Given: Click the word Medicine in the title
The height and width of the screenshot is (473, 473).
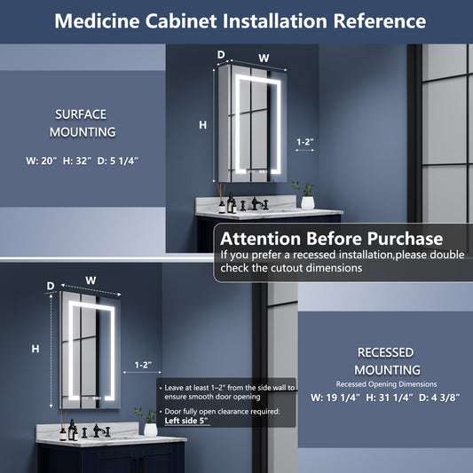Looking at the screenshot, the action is tap(97, 21).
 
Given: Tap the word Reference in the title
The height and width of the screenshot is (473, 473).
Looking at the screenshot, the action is tap(380, 21).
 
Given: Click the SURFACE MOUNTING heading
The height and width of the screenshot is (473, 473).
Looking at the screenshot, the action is tap(82, 123).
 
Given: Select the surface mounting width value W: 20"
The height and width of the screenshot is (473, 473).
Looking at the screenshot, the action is tap(42, 161).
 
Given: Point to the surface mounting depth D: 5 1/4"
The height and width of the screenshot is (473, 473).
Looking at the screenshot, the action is tap(118, 161).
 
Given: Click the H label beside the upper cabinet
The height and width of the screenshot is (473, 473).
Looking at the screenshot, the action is tap(202, 125).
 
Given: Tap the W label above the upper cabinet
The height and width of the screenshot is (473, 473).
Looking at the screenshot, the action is tap(264, 58).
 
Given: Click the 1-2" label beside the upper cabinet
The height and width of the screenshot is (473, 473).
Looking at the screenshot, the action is tap(305, 142).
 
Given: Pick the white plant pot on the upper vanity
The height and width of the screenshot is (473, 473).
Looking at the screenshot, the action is tap(307, 202).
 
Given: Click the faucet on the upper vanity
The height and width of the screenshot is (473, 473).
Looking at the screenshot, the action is tap(256, 203).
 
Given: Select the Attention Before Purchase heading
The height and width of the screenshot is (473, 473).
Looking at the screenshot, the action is tap(332, 239).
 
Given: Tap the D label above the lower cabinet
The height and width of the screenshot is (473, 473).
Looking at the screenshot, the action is tap(51, 286).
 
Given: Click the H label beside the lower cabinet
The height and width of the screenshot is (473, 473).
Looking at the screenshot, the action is tap(35, 349).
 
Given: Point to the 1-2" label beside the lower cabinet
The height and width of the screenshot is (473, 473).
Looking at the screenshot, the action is tap(143, 365).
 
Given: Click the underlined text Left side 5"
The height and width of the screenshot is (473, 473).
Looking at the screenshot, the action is tap(186, 421).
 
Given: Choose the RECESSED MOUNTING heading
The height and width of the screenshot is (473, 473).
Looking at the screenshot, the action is tap(387, 361).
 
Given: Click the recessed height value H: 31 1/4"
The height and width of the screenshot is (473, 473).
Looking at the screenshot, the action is tap(390, 398).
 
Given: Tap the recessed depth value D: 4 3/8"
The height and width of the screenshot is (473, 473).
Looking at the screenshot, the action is tap(439, 398).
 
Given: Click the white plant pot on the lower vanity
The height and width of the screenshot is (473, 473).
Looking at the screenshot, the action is tap(150, 430).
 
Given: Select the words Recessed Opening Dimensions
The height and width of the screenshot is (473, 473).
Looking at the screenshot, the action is tap(386, 384).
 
